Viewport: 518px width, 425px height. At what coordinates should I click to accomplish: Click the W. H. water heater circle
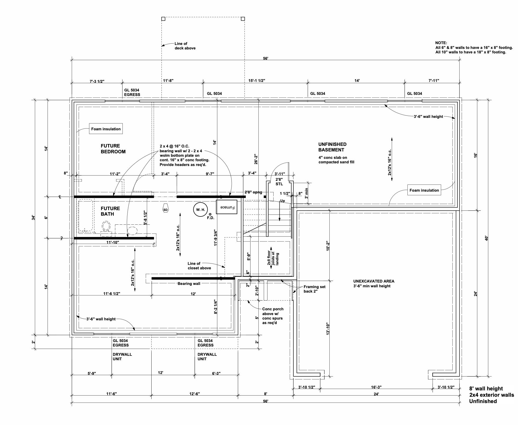click(x=200, y=210)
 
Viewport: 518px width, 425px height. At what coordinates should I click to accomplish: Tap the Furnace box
click(x=226, y=207)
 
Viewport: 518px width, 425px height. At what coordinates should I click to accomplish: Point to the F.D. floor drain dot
click(x=210, y=214)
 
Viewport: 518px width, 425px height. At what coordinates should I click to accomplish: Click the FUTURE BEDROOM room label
click(x=113, y=149)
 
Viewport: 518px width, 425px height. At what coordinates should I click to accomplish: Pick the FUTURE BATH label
click(x=110, y=211)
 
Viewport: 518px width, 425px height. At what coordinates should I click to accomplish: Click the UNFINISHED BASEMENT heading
click(x=332, y=147)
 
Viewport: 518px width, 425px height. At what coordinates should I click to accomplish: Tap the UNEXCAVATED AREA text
click(x=374, y=281)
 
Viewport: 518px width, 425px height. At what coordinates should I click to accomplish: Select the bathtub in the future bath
click(x=85, y=216)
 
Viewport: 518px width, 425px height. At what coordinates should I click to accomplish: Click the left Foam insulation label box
click(x=106, y=129)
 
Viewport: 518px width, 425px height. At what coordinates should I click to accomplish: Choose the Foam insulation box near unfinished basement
click(x=424, y=190)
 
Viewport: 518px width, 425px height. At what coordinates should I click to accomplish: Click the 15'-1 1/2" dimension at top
click(x=256, y=81)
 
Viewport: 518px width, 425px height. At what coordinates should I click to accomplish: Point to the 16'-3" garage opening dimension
click(x=376, y=387)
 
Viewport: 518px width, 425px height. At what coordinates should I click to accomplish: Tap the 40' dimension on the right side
click(x=486, y=238)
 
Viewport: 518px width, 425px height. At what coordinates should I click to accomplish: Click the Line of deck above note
click(x=185, y=46)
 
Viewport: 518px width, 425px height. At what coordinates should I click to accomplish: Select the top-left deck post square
click(x=163, y=19)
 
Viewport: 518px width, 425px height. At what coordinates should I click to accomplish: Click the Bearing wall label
click(x=189, y=284)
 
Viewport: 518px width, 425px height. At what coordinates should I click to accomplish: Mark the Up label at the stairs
click(x=282, y=201)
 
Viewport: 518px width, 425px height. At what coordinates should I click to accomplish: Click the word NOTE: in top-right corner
click(x=441, y=43)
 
